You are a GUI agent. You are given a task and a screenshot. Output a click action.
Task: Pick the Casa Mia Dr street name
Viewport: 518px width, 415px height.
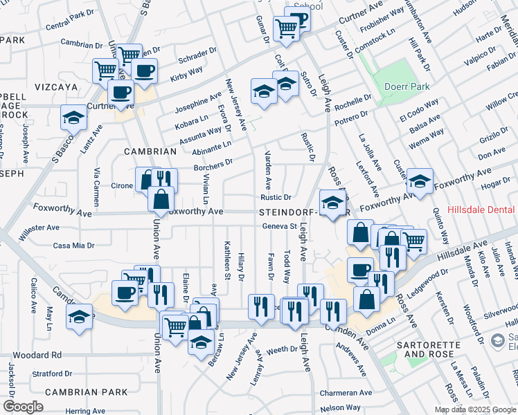click(x=73, y=245)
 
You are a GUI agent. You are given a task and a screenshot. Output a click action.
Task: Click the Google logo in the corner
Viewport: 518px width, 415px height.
click(x=23, y=407)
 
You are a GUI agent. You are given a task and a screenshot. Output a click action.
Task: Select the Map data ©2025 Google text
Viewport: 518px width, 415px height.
click(x=475, y=409)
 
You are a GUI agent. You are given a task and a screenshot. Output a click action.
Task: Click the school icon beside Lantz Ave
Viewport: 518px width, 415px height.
click(x=73, y=118)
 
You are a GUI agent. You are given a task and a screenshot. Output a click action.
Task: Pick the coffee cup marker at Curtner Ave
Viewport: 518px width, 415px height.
click(x=120, y=93)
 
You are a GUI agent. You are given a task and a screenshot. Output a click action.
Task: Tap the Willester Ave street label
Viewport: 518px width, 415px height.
click(x=39, y=228)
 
